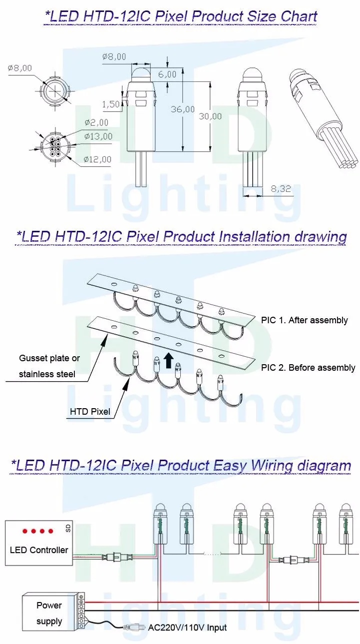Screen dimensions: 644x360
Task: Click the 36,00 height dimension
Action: [x=183, y=109]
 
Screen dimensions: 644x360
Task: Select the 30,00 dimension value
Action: [x=210, y=116]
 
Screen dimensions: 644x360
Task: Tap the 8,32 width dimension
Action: [x=280, y=189]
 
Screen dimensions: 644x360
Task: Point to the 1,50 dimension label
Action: [x=111, y=104]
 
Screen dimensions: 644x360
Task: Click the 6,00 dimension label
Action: [x=167, y=74]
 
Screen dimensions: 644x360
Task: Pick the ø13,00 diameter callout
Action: [x=98, y=136]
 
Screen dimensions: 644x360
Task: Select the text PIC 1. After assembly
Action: [x=304, y=320]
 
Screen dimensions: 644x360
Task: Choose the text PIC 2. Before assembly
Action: [x=308, y=368]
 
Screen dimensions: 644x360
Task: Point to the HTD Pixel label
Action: [x=90, y=412]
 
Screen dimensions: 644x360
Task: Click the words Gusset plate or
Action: [x=49, y=358]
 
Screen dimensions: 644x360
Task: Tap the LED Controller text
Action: [x=39, y=550]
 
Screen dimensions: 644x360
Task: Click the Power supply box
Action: [x=49, y=613]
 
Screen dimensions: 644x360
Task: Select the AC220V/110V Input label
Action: [x=188, y=628]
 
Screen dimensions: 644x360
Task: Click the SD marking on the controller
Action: [x=68, y=528]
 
